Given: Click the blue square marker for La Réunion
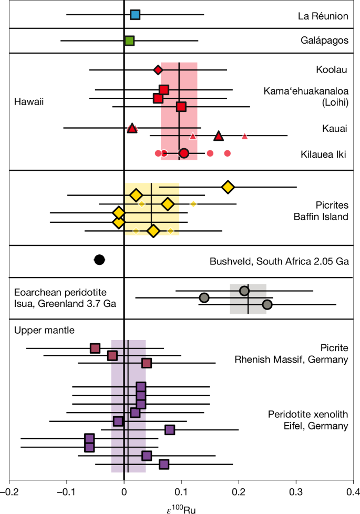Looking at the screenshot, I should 135,15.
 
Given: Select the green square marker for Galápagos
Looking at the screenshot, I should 129,40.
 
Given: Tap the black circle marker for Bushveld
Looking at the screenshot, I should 99,259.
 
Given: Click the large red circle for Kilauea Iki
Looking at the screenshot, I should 184,153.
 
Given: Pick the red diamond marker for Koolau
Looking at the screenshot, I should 158,69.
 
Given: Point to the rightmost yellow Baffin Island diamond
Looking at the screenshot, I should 228,187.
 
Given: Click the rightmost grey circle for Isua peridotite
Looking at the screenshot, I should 267,304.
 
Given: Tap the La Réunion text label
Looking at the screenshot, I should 322,16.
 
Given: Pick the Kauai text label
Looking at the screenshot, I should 335,128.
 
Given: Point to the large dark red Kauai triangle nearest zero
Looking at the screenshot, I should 132,128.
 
